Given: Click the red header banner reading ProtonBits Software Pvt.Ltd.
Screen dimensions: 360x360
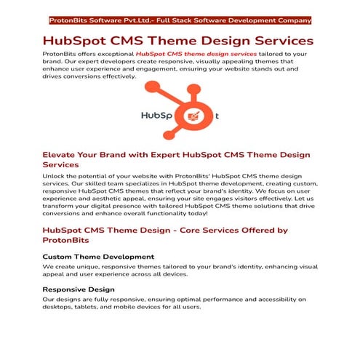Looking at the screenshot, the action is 179,20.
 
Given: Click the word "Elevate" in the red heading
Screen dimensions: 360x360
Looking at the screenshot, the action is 62,155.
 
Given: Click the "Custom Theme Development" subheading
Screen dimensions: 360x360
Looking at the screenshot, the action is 98,257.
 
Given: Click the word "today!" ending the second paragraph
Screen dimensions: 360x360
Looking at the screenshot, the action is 193,214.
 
